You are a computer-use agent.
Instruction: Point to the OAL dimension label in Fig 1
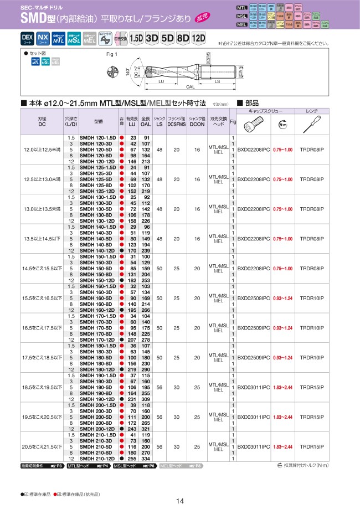[x=190, y=87]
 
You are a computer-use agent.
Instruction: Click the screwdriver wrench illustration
[x=311, y=124]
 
